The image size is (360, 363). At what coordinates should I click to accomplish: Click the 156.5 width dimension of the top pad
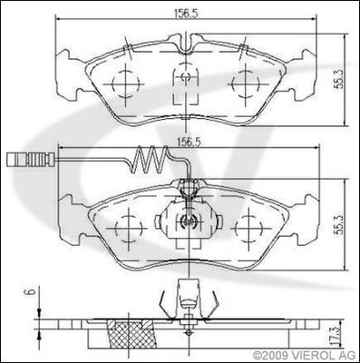click(x=186, y=14)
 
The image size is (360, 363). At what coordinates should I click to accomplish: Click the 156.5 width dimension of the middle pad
click(x=189, y=142)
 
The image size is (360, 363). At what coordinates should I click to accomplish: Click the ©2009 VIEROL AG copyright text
click(x=305, y=355)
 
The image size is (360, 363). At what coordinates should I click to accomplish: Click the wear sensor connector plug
click(x=30, y=160)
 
